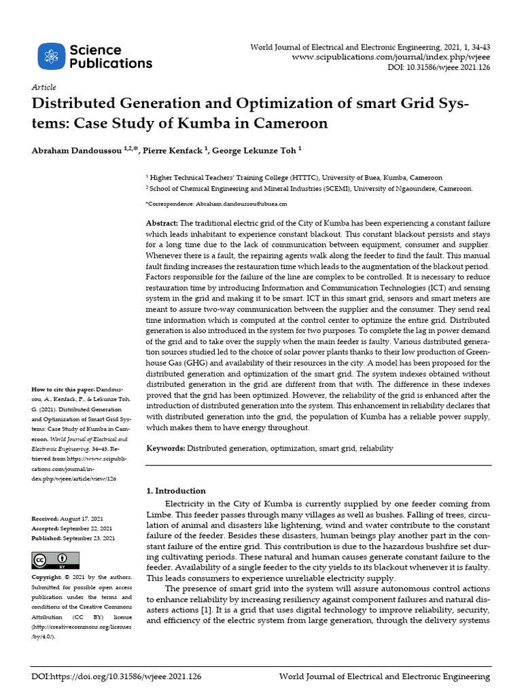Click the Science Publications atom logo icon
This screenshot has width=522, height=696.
coord(51,56)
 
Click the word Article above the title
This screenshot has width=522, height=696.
coord(43,88)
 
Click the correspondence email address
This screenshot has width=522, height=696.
coord(241,203)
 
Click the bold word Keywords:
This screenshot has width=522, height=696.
coord(166,449)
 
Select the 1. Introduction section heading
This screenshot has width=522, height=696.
coord(176,491)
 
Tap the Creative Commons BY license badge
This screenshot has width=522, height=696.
coord(50,559)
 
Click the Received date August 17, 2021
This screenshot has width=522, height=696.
coord(86,519)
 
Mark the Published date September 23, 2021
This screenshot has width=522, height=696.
coord(90,538)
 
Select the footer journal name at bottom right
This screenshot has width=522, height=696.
coord(385,677)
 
